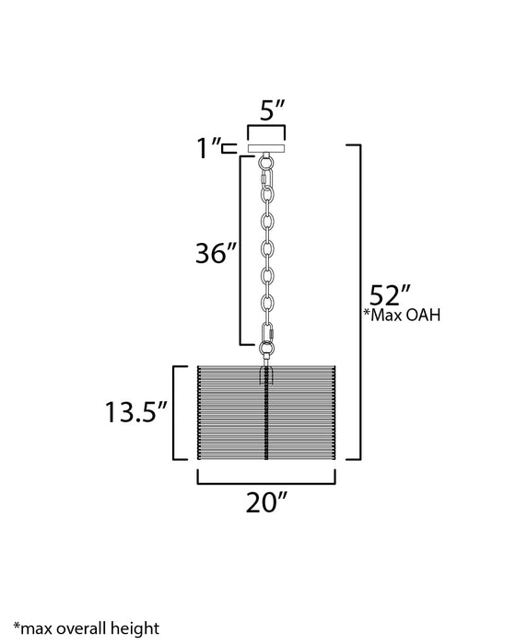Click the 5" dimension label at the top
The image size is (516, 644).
point(273,110)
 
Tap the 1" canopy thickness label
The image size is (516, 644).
point(207,148)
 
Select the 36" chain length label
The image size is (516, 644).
point(217,253)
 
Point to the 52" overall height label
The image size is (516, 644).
point(390,294)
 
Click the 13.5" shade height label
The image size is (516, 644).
point(136,412)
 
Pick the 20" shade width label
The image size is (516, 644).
point(266,502)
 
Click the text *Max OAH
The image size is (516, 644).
point(402,315)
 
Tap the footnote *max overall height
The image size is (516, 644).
point(87,628)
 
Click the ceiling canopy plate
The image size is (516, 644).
point(266,148)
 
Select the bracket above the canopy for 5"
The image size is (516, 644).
point(266,127)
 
